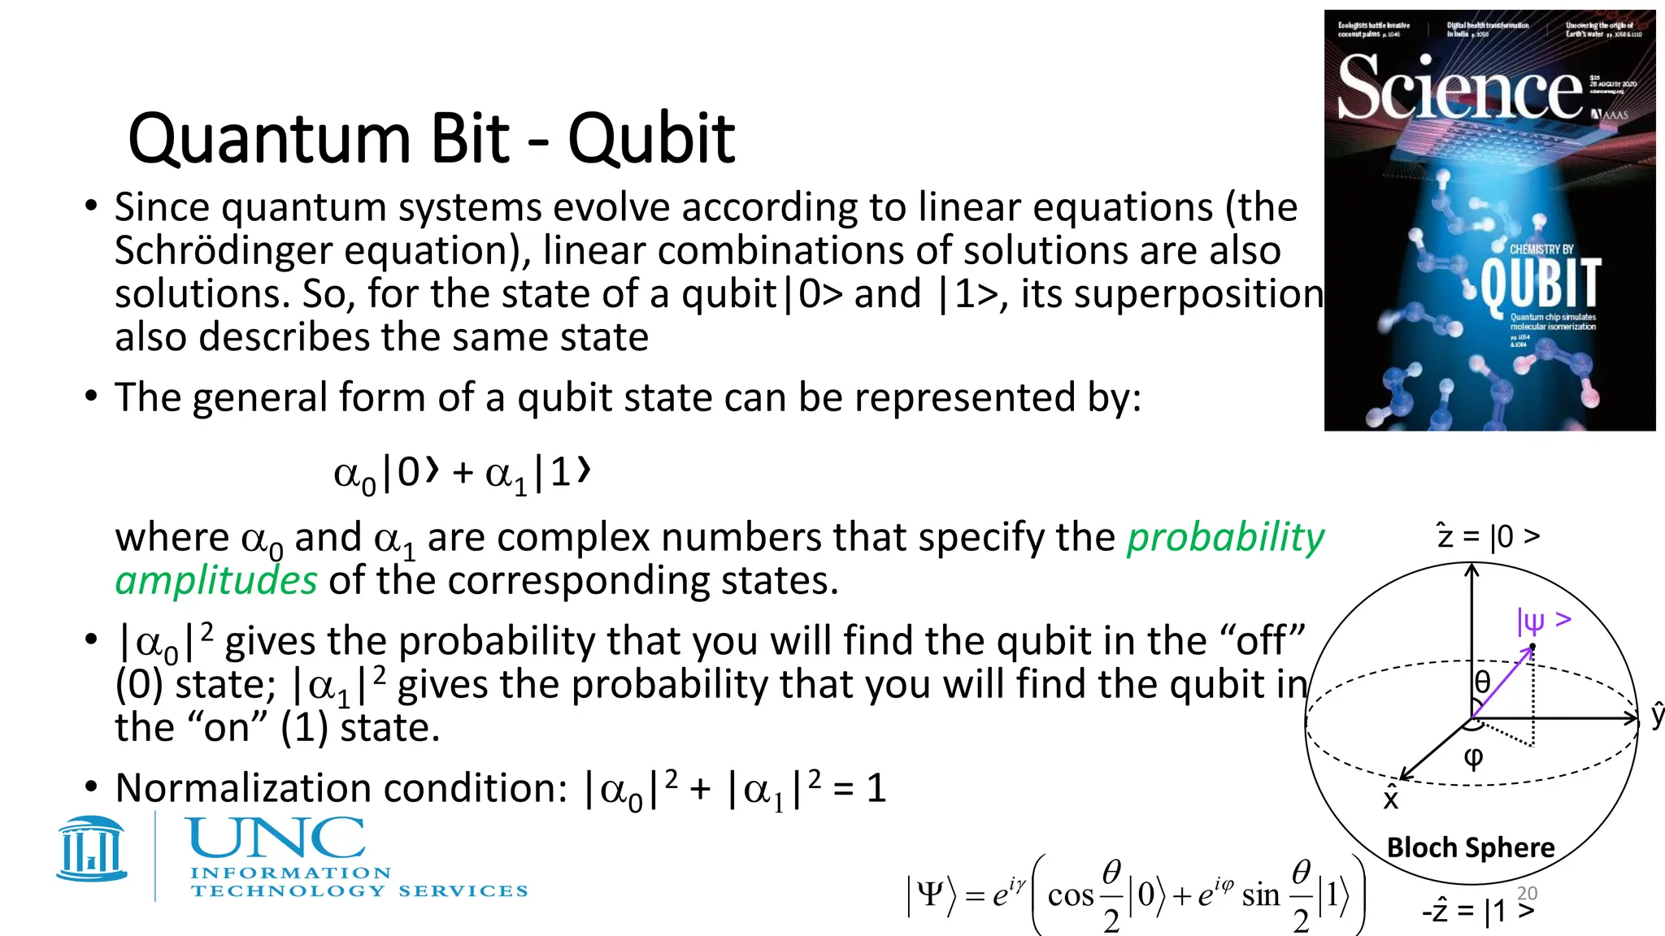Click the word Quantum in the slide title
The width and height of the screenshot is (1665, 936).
(x=269, y=140)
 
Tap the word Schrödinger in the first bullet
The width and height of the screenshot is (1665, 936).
(x=222, y=251)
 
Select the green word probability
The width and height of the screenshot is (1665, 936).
(x=1225, y=538)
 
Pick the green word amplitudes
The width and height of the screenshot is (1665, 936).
(x=216, y=581)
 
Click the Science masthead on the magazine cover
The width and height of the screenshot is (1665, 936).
(x=1459, y=88)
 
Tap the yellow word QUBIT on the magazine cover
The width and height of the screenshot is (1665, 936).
(x=1540, y=283)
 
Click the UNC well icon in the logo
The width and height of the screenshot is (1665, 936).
(x=92, y=848)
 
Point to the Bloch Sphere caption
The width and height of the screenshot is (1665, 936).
(x=1471, y=847)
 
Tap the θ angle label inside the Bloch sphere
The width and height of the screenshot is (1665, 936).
(x=1482, y=682)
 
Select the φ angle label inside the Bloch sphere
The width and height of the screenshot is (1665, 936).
(x=1473, y=758)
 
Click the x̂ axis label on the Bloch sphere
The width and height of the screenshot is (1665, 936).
(x=1391, y=799)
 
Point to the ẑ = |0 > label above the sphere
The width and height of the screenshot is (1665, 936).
(x=1488, y=536)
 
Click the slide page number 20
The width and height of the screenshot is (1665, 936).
(x=1528, y=893)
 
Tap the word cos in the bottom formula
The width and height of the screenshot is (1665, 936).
(x=1071, y=895)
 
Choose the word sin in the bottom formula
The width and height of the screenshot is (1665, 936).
(x=1261, y=895)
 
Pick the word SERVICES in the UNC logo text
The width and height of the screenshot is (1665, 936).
(x=463, y=891)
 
